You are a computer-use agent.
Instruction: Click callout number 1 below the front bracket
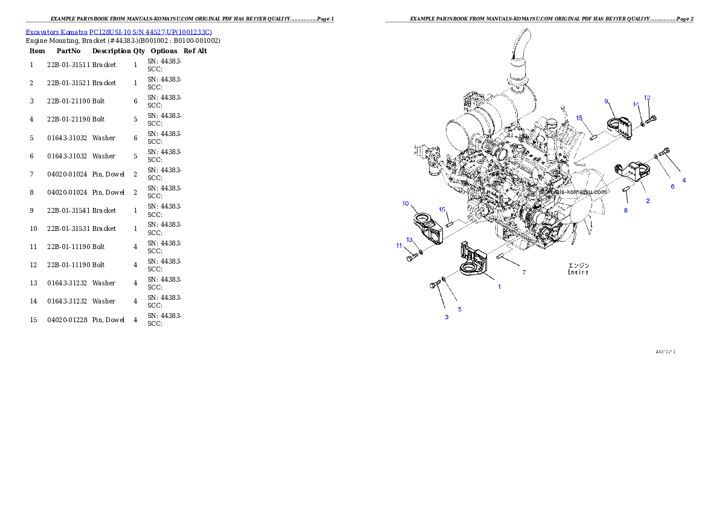499,287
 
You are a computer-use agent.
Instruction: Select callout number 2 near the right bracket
648,201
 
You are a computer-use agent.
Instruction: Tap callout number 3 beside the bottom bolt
447,317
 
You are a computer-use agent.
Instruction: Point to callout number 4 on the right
684,180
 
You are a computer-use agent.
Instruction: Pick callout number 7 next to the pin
524,273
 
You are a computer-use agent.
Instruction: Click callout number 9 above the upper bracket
606,102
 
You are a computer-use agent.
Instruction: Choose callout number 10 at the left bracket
405,204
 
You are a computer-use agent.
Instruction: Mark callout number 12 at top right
647,97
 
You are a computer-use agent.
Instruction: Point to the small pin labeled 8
627,190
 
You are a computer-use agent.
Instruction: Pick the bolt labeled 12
651,120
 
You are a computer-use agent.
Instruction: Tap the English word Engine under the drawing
578,273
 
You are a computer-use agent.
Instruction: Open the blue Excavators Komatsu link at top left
118,32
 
